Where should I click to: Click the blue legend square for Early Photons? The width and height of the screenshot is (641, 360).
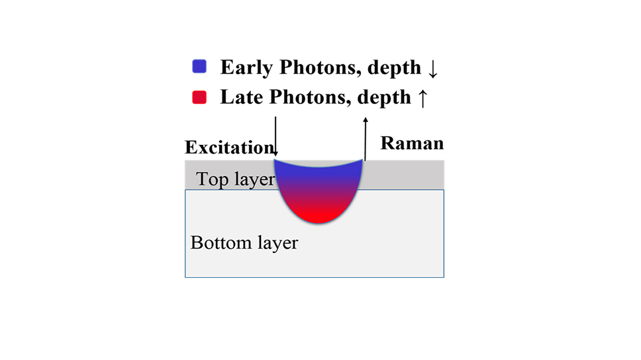(199, 66)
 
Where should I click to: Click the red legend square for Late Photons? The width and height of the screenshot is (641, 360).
(199, 97)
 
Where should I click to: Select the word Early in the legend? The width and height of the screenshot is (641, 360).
(246, 68)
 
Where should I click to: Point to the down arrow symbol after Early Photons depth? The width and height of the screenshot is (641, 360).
(433, 69)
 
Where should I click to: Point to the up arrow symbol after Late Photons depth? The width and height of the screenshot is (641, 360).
(422, 99)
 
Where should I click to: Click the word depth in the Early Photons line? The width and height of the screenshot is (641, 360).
(394, 68)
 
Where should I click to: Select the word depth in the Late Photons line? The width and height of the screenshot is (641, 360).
(384, 98)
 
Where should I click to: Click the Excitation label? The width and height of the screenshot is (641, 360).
(229, 147)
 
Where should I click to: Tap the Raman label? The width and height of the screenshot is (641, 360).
(412, 143)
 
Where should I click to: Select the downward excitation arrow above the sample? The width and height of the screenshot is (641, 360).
(275, 136)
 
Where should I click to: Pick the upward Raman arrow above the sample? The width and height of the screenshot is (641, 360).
(366, 138)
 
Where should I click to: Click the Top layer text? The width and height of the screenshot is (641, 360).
(236, 179)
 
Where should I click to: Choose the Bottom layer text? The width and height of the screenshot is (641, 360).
(244, 243)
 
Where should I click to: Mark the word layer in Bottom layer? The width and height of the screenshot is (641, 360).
(278, 243)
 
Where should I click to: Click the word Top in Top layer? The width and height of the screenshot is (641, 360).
(212, 179)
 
